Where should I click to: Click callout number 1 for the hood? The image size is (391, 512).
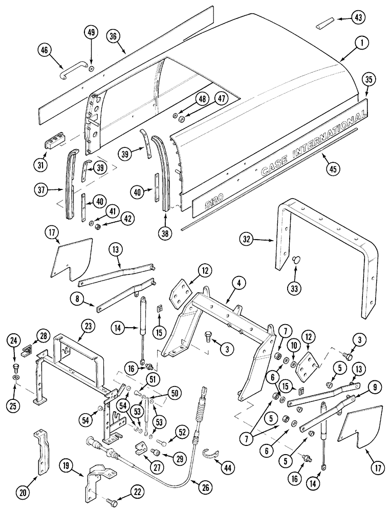pyautogui.click(x=361, y=44)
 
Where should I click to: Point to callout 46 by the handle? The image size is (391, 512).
pyautogui.click(x=46, y=50)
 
